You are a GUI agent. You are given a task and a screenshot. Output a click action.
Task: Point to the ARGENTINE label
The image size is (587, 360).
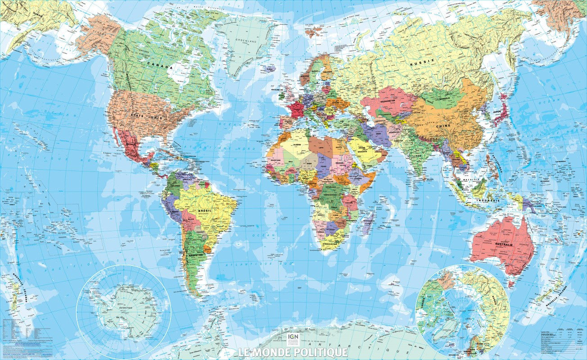pos(197,255)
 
